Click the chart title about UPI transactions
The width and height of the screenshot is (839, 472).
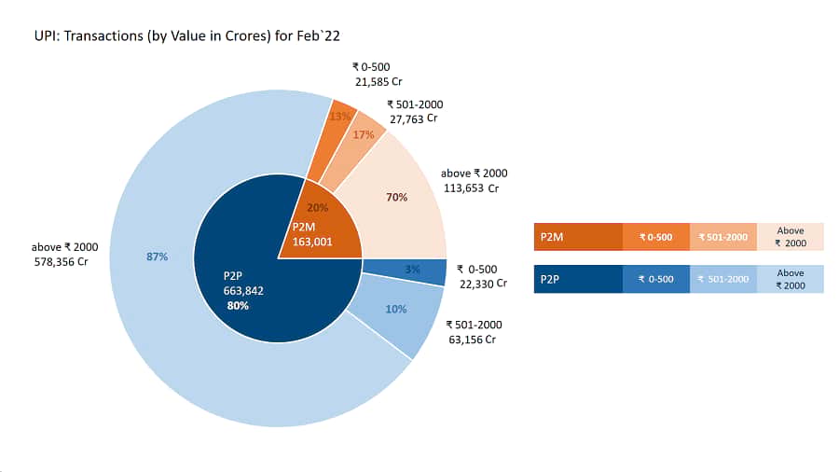(x=186, y=35)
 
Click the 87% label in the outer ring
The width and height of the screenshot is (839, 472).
(x=157, y=257)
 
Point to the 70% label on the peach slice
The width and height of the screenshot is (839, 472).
(x=396, y=197)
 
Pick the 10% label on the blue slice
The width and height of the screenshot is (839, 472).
(x=396, y=309)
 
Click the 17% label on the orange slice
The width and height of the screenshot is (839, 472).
(x=364, y=134)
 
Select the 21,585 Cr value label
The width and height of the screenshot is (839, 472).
(x=378, y=82)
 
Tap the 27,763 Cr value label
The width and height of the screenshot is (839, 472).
(x=413, y=118)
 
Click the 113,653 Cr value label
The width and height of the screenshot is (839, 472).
(x=471, y=188)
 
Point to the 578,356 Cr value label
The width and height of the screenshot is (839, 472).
(x=61, y=262)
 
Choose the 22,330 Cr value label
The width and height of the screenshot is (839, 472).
(x=483, y=284)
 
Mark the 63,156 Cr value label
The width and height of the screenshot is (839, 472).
(x=472, y=340)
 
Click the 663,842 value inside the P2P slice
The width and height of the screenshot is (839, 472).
(x=243, y=291)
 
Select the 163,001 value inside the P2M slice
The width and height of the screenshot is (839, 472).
(x=312, y=242)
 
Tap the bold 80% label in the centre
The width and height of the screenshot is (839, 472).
(x=238, y=306)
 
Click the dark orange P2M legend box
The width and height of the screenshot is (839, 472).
(x=578, y=237)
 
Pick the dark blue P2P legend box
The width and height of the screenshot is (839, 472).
(x=578, y=279)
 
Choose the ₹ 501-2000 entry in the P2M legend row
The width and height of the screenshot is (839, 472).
(x=722, y=237)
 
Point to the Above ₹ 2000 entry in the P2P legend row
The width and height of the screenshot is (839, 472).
(x=791, y=279)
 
